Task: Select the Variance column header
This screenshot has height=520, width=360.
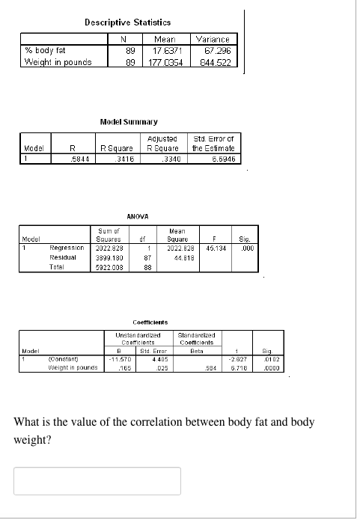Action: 216,39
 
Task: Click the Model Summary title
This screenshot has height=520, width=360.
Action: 128,120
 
